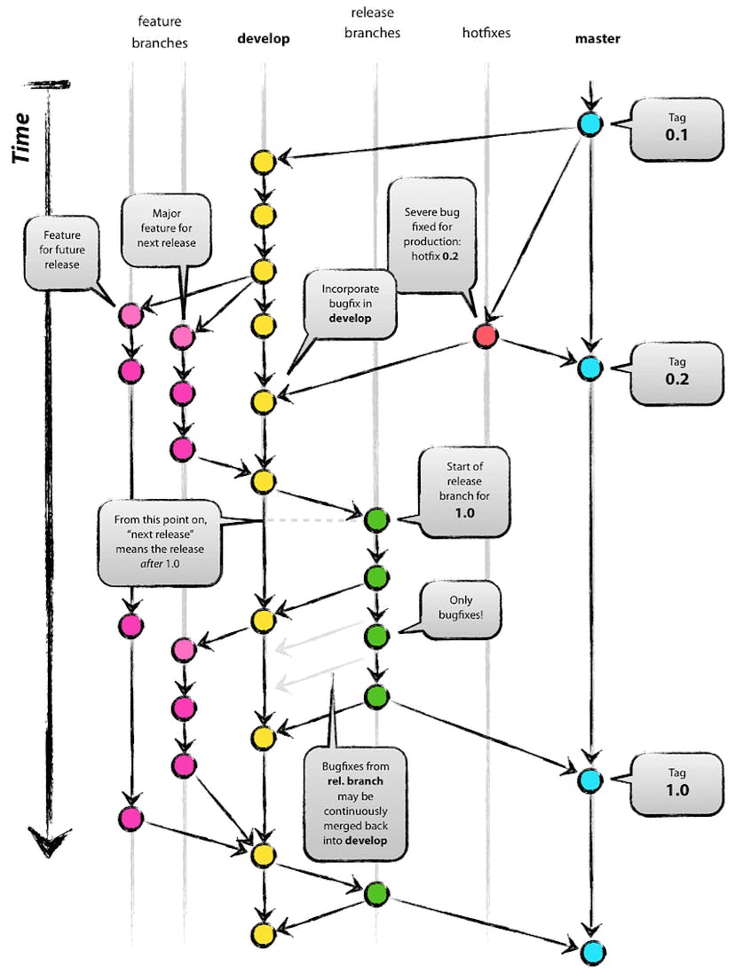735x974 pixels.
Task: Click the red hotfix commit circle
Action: (485, 337)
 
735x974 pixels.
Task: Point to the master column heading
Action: (597, 39)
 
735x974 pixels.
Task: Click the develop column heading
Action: (264, 39)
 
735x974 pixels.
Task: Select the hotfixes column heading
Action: (486, 33)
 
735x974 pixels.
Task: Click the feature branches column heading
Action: (162, 31)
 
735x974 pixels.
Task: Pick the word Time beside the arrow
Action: (24, 138)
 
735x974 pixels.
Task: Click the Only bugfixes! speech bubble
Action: (456, 610)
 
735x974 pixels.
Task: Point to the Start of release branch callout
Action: (465, 494)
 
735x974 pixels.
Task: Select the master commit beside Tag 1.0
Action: (588, 780)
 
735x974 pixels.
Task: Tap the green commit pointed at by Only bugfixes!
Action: (376, 635)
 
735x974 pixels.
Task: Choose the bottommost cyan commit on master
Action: (593, 952)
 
